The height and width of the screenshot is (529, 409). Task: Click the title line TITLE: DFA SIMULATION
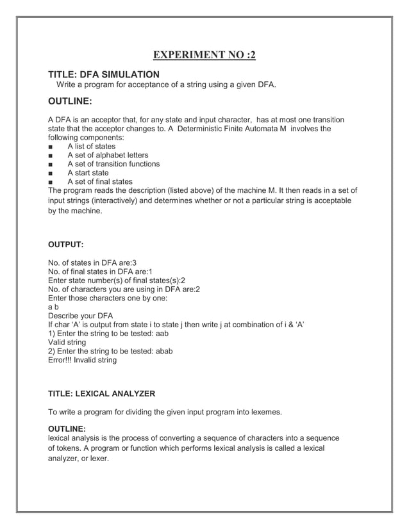(104, 74)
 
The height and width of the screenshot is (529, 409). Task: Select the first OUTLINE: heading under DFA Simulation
(71, 101)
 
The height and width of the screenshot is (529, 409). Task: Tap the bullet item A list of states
(91, 147)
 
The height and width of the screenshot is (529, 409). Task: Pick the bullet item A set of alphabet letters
(107, 155)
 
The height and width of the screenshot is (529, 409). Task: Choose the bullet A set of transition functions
(113, 164)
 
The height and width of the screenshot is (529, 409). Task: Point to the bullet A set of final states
(99, 182)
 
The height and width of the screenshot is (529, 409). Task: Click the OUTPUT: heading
(66, 244)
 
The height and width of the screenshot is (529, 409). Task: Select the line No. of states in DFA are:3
(92, 263)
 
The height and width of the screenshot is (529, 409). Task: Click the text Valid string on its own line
(67, 343)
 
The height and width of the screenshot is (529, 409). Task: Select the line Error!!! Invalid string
(83, 361)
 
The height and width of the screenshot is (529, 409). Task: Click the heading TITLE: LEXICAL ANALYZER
(102, 393)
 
